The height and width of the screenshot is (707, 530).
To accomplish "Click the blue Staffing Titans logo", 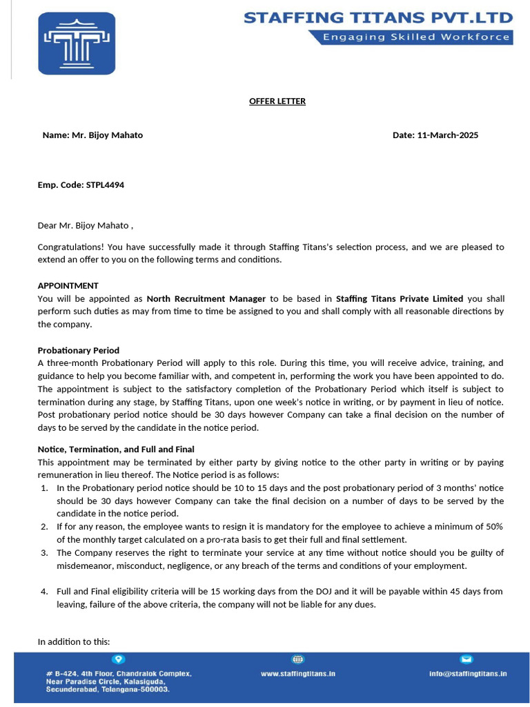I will tap(77, 43).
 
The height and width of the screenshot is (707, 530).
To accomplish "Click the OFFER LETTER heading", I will tap(277, 101).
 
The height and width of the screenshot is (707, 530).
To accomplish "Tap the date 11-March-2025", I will tap(447, 135).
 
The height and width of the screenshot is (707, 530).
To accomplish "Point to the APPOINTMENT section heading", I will tap(68, 286).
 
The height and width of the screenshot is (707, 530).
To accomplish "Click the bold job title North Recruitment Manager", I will tap(206, 299).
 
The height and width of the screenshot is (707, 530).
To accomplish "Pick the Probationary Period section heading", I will tap(78, 351).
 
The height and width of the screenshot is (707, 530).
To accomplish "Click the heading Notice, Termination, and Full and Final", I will tap(116, 449).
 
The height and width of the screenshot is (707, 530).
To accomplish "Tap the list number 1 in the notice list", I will tap(43, 487).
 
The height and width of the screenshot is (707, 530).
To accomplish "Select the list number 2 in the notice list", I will tap(43, 526).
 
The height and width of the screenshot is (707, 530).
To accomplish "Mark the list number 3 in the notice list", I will tap(43, 552).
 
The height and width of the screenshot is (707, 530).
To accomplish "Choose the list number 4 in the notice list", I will tap(43, 591).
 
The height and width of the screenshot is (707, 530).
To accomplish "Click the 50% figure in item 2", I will tap(494, 526).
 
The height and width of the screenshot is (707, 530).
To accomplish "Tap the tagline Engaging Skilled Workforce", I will tap(411, 37).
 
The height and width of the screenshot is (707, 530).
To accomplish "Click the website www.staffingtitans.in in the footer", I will tap(298, 673).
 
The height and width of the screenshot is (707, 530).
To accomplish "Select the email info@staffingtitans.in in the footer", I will tap(467, 673).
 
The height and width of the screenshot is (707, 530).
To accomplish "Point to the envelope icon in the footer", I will tap(467, 659).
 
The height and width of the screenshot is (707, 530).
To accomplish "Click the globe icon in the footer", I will tap(298, 659).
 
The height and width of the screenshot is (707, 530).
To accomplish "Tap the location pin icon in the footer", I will tap(119, 659).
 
